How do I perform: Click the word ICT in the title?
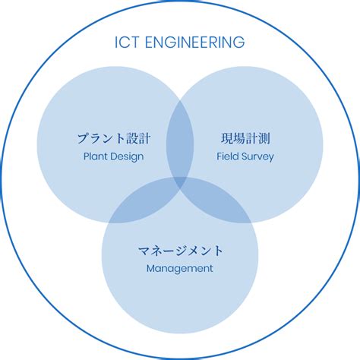(x=127, y=43)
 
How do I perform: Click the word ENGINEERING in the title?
(x=194, y=43)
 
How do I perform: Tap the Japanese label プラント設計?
(x=114, y=138)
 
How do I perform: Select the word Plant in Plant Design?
(x=95, y=156)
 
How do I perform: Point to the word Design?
(x=127, y=157)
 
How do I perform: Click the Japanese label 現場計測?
(x=245, y=138)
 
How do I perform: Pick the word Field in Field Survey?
(x=228, y=156)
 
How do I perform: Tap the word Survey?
(x=257, y=157)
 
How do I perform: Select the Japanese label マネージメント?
(x=180, y=251)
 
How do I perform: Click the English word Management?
(x=180, y=269)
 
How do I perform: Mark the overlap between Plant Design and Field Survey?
(x=180, y=139)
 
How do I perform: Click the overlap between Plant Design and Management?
(x=142, y=203)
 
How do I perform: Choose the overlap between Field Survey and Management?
(x=218, y=203)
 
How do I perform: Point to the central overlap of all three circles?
(x=180, y=182)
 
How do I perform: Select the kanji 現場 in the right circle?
(x=232, y=138)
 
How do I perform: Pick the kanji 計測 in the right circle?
(x=257, y=138)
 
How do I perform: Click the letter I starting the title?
(x=116, y=43)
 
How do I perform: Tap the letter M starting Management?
(x=150, y=268)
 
